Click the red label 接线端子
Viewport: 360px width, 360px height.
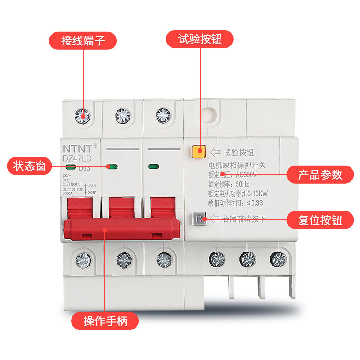(x=83, y=40)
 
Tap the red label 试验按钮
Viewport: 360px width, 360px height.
(x=200, y=39)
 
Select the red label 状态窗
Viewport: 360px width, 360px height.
(x=27, y=166)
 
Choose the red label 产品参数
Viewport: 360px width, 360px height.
(x=320, y=174)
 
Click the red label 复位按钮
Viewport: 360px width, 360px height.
(x=320, y=220)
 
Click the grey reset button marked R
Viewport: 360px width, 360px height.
(x=198, y=219)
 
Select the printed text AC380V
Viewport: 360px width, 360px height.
(x=247, y=174)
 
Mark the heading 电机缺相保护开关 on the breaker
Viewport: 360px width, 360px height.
(x=238, y=164)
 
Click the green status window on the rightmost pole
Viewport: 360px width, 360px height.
(x=153, y=166)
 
